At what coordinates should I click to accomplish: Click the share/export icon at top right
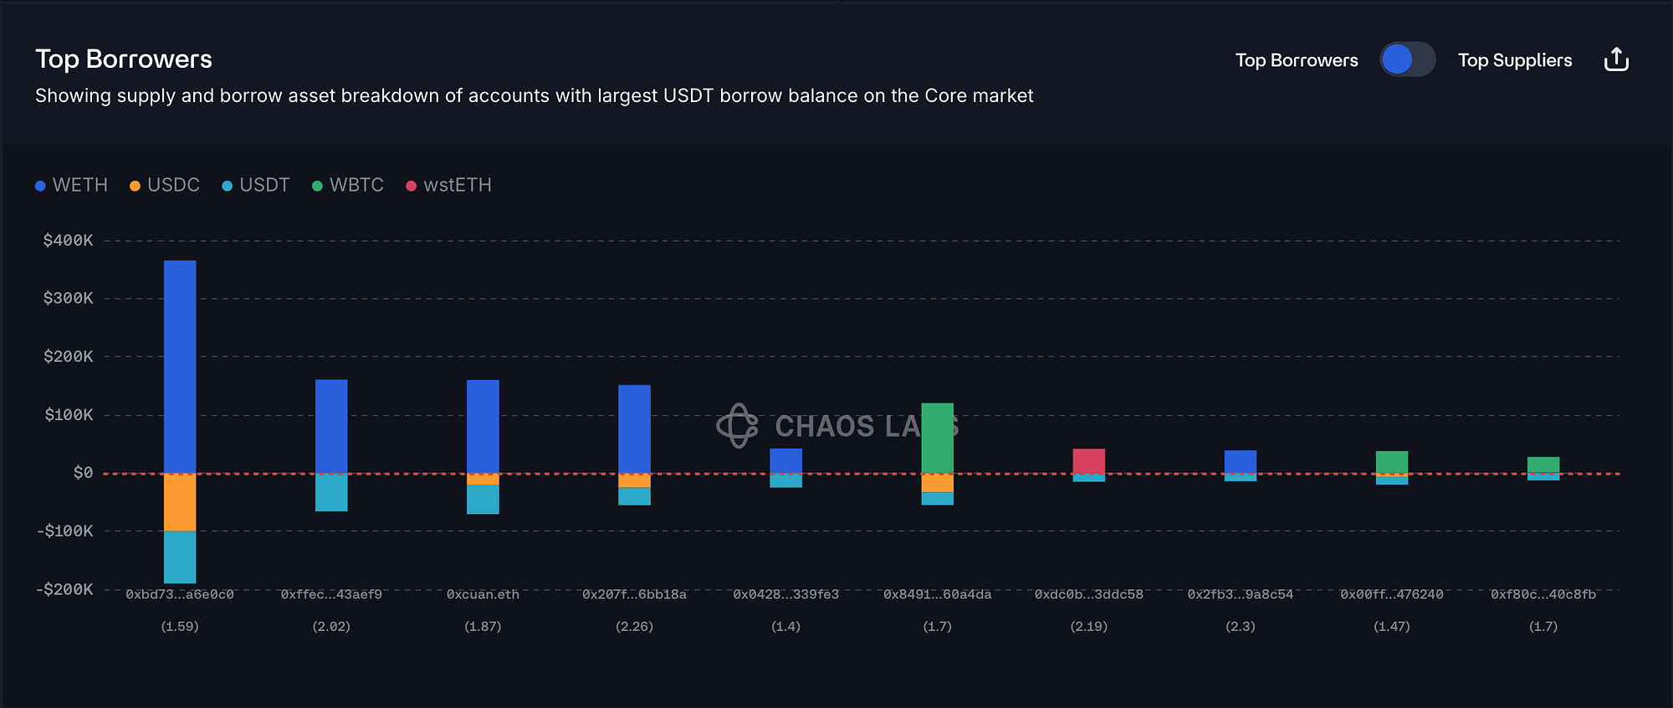(x=1616, y=59)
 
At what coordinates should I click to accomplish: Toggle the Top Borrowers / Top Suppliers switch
(x=1407, y=59)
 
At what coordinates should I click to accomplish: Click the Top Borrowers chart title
(x=124, y=59)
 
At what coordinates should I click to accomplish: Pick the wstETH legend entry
(x=449, y=185)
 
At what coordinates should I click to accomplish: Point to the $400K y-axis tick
(x=69, y=240)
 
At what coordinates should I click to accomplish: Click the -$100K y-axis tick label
(x=65, y=531)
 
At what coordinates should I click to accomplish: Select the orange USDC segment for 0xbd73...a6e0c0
(x=180, y=502)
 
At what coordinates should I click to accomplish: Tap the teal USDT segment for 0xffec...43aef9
(x=331, y=493)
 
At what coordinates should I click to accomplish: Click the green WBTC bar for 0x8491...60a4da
(x=937, y=438)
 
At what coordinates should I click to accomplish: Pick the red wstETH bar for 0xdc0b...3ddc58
(x=1088, y=460)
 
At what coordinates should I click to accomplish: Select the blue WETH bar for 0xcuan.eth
(x=483, y=426)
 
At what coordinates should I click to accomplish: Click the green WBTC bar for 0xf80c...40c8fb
(x=1543, y=464)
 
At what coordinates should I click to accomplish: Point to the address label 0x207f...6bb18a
(x=634, y=594)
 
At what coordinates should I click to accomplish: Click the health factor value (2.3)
(x=1240, y=626)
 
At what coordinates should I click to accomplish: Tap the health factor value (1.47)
(x=1391, y=626)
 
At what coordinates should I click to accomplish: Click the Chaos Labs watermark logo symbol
(x=737, y=425)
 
